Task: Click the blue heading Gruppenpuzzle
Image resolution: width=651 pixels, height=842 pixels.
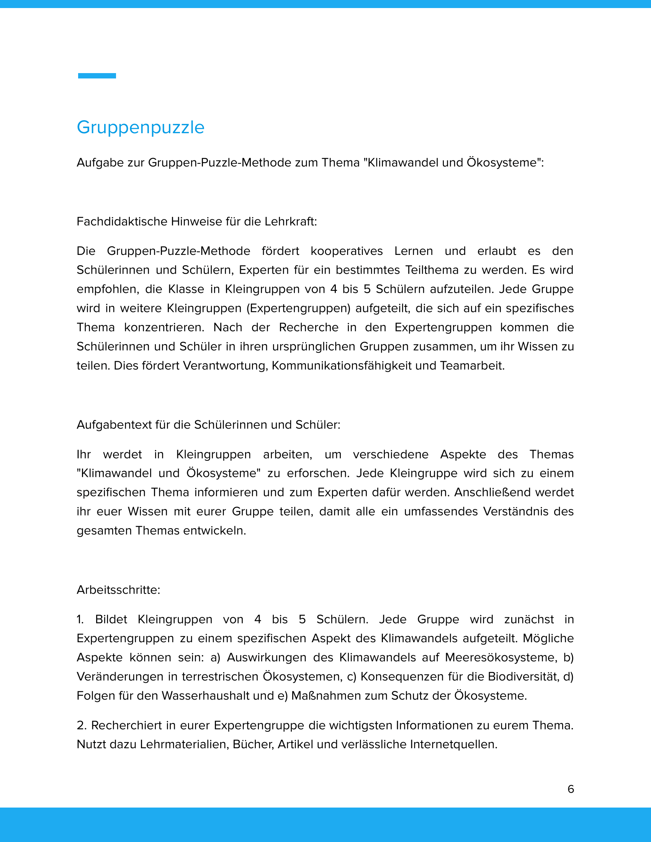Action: coord(141,127)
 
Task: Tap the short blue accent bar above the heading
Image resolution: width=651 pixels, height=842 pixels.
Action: coord(97,76)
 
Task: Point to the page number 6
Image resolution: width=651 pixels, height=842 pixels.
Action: coord(571,789)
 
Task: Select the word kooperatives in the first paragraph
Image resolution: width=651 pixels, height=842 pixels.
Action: coord(346,251)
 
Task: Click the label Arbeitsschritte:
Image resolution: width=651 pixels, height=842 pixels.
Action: coord(118,590)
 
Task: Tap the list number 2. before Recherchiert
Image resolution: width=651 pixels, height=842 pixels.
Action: coord(82,725)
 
